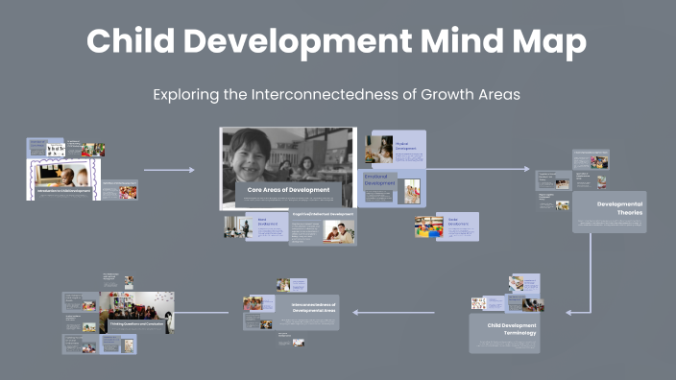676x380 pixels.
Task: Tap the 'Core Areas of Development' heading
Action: click(288, 190)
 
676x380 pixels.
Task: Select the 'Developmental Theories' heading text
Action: click(619, 207)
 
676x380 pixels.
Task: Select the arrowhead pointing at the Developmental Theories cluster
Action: click(525, 170)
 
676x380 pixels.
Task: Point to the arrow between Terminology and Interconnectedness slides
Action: click(394, 312)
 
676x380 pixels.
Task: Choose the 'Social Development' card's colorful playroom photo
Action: click(427, 226)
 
